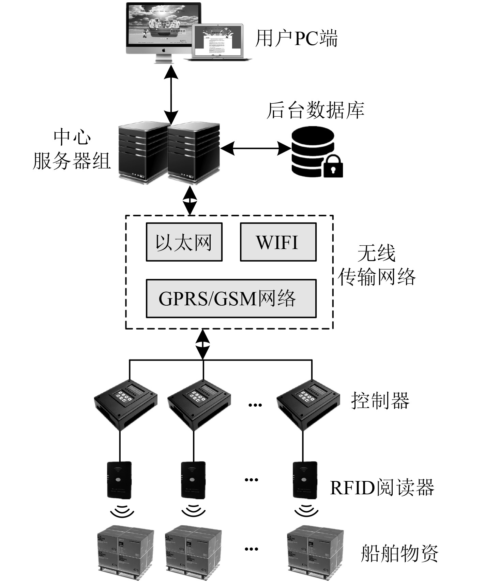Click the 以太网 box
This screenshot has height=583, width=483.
click(184, 242)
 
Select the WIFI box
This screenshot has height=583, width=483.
click(278, 242)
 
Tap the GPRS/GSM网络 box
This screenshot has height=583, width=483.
click(231, 298)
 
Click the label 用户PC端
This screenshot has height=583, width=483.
click(296, 38)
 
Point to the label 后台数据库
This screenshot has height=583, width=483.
click(315, 110)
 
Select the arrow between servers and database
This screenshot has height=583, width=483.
click(256, 148)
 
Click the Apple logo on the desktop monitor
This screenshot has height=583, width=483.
click(164, 50)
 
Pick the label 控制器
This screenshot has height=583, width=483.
click(380, 400)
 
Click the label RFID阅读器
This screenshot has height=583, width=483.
click(382, 487)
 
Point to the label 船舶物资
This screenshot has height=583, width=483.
click(399, 553)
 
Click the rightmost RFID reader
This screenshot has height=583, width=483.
click(305, 480)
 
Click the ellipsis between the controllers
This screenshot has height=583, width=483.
click(255, 405)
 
